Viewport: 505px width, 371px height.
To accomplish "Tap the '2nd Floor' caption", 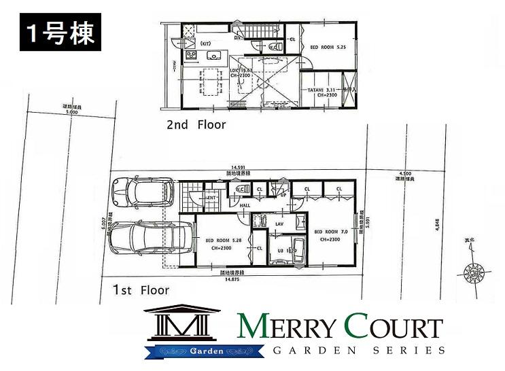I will coord(196,125).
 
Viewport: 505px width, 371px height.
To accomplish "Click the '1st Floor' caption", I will coord(141,290).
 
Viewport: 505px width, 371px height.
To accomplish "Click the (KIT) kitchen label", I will coord(188,54).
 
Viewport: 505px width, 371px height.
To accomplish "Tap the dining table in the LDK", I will coord(209,82).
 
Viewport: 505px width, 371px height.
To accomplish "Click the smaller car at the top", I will coord(143,192).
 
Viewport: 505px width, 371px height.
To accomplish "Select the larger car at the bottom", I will coord(149,238).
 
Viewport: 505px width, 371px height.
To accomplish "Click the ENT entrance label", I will coord(211,197).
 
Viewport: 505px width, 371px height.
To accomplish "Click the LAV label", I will coord(279,223).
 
